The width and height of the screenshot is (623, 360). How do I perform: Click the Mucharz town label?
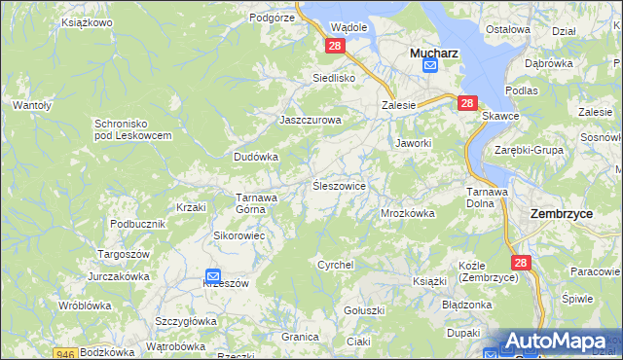[x=428, y=49]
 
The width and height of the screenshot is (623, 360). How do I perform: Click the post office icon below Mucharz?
[x=429, y=66]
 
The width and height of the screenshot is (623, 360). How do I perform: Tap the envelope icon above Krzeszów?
[x=213, y=275]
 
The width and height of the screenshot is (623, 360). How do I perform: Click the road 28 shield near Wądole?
[x=336, y=46]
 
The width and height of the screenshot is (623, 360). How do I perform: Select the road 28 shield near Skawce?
[x=467, y=103]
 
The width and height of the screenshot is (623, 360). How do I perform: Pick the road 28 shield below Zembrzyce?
[x=521, y=263]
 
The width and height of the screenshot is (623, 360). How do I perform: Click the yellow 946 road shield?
[x=65, y=354]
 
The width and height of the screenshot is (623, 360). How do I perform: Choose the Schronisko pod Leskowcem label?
[x=133, y=129]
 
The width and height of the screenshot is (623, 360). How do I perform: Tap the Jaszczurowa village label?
[x=311, y=120]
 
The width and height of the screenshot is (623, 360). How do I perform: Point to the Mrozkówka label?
[x=407, y=213]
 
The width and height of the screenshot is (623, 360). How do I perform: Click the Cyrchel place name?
[x=335, y=265]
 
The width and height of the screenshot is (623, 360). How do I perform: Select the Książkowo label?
[x=87, y=20]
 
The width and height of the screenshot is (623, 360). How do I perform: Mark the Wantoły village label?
[x=31, y=104]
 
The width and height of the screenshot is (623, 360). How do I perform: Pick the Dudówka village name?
[x=256, y=156]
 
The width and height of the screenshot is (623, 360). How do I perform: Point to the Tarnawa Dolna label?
[x=487, y=198]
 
